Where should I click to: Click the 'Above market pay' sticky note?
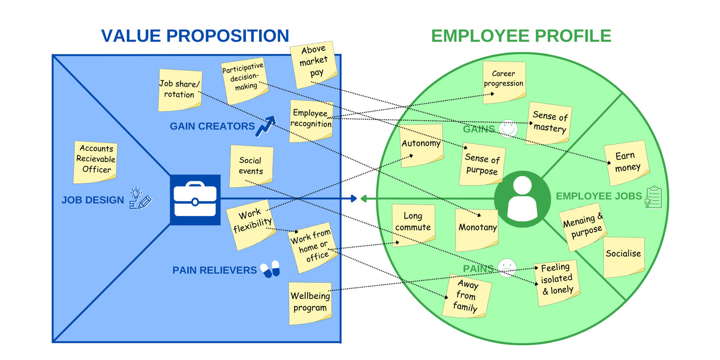tap(314, 64)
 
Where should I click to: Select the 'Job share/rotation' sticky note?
tap(180, 90)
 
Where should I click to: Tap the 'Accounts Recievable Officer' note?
tap(95, 162)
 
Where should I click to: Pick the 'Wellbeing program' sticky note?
tap(310, 303)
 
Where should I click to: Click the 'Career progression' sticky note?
tap(504, 82)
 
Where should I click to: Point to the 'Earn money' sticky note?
tap(626, 162)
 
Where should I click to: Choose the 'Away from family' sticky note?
tap(467, 296)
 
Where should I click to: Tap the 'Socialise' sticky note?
tap(624, 257)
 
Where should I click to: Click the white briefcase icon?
tap(195, 199)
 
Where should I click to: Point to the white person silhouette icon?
tap(522, 198)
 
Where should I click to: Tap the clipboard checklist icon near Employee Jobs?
tap(653, 197)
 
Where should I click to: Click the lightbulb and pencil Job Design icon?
tap(140, 198)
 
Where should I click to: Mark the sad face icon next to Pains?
tap(507, 268)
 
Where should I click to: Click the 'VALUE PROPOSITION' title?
tap(195, 36)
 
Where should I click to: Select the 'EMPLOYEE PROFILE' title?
tap(521, 36)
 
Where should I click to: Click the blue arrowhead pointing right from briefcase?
tap(354, 198)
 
